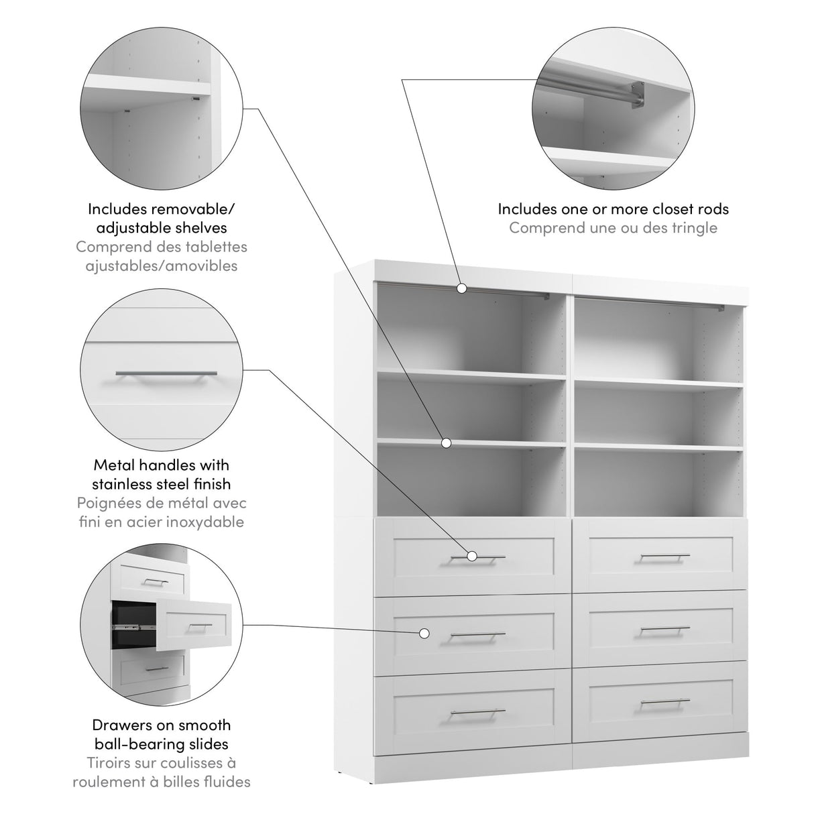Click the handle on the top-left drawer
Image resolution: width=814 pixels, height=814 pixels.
[x=478, y=557]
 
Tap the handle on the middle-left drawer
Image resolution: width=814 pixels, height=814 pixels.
[x=478, y=634]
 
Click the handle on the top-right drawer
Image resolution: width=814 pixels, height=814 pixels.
[x=664, y=556]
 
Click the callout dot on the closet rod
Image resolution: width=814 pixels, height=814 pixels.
[x=462, y=288]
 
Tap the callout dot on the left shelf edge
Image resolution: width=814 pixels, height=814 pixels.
[x=446, y=443]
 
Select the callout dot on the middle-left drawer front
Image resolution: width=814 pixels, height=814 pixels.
[x=424, y=632]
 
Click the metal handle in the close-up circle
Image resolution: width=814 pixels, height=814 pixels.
[x=166, y=373]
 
